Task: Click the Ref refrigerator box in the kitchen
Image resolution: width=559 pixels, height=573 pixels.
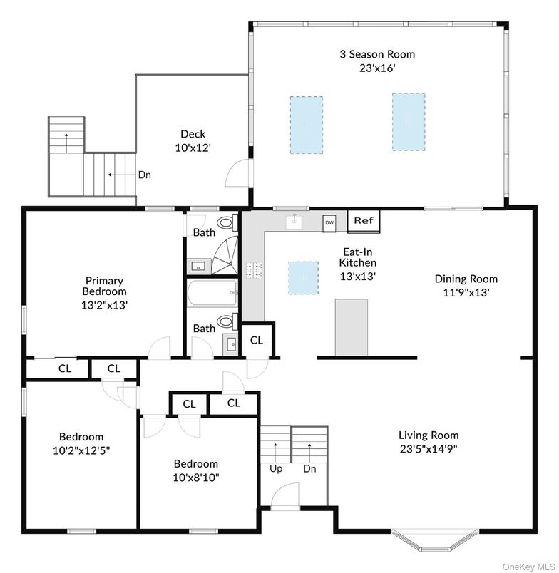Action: pyautogui.click(x=364, y=221)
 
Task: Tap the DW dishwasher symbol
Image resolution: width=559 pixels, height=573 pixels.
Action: pyautogui.click(x=329, y=223)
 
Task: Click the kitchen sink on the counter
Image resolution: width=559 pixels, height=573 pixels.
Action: pyautogui.click(x=294, y=221)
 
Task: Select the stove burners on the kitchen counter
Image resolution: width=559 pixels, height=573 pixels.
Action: pyautogui.click(x=254, y=270)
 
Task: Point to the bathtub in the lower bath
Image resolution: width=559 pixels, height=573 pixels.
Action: pyautogui.click(x=212, y=293)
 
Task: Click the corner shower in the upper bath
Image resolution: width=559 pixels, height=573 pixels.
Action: pyautogui.click(x=225, y=255)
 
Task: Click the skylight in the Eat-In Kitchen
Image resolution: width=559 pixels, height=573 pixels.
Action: pyautogui.click(x=304, y=278)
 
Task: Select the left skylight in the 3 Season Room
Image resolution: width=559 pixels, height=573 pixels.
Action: pyautogui.click(x=307, y=125)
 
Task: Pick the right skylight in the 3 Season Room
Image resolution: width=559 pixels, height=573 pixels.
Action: pyautogui.click(x=409, y=122)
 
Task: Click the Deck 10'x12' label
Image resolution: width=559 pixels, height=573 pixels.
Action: pyautogui.click(x=193, y=140)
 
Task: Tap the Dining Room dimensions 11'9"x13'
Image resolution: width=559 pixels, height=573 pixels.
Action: pyautogui.click(x=466, y=293)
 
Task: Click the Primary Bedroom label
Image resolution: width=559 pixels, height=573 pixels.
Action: pyautogui.click(x=105, y=286)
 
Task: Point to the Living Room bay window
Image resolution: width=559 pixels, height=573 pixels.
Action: pyautogui.click(x=435, y=540)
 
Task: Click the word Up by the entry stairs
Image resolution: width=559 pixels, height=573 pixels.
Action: pyautogui.click(x=276, y=468)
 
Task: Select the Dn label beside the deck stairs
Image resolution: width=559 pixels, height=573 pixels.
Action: pyautogui.click(x=145, y=175)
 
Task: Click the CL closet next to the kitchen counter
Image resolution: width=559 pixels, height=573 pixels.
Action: pyautogui.click(x=257, y=340)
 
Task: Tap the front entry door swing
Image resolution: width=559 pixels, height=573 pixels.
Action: pyautogui.click(x=284, y=495)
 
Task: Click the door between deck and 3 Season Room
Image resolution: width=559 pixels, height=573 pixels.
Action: pyautogui.click(x=238, y=174)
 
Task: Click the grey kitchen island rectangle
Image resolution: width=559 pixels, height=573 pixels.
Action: pyautogui.click(x=352, y=327)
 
